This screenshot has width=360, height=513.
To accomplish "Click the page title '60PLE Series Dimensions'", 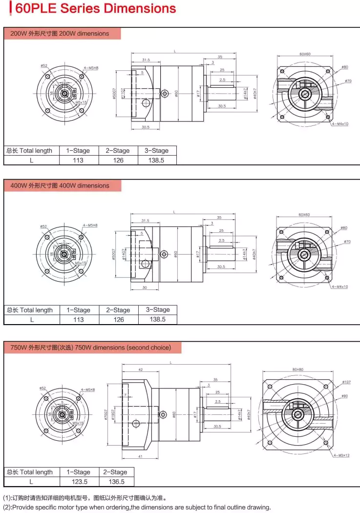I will click(95, 9).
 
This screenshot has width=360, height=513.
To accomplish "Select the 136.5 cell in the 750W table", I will click(116, 482).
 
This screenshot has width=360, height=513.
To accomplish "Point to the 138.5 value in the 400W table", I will click(157, 319).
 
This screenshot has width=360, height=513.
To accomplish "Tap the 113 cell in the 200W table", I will click(78, 160).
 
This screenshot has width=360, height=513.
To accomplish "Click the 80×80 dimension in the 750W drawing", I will click(297, 369).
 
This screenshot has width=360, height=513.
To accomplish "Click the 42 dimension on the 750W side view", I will click(140, 370).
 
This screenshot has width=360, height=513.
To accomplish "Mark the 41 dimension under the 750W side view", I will click(141, 456).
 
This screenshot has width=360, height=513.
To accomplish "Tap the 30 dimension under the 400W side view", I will click(145, 288).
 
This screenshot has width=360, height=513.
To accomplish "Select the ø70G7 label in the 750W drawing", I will click(106, 414).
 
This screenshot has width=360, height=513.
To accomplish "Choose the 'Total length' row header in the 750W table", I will click(29, 472).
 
